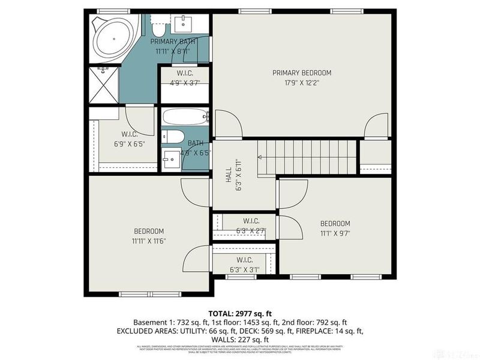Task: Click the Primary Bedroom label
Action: click(x=301, y=73)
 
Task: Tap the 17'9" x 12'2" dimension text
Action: click(x=301, y=83)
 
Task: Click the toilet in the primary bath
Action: click(x=159, y=28)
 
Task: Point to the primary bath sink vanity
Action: click(x=183, y=23)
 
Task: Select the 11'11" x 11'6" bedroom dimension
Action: click(x=148, y=241)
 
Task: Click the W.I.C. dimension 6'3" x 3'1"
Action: click(x=244, y=269)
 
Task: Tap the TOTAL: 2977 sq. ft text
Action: click(x=239, y=313)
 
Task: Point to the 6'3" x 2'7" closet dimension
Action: click(x=251, y=230)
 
